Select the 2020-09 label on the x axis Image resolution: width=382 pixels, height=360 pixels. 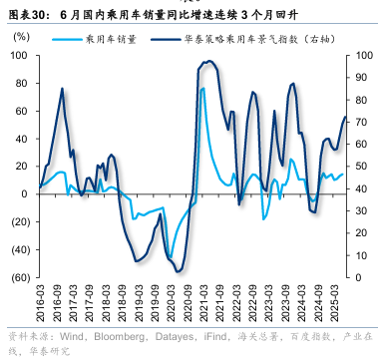coord(181,299)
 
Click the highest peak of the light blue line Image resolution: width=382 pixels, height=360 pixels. coord(203,88)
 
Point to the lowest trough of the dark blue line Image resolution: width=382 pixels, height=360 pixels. coord(177,271)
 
